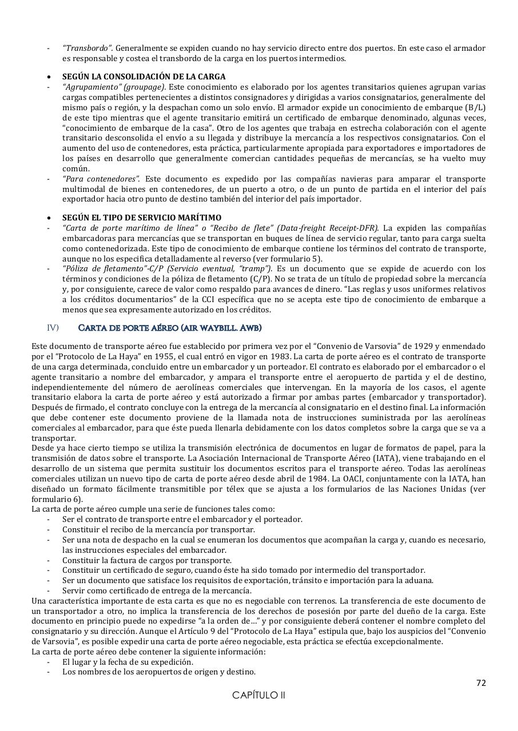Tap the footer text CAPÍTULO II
tap(258, 696)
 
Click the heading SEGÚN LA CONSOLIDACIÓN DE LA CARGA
tap(144, 77)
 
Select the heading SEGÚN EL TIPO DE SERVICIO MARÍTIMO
tap(141, 218)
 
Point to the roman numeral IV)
tap(53, 327)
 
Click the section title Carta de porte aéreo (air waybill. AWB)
tap(170, 327)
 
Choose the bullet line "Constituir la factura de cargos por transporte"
tap(147, 560)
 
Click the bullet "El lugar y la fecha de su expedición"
tap(127, 662)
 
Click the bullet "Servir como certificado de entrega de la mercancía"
tap(157, 591)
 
